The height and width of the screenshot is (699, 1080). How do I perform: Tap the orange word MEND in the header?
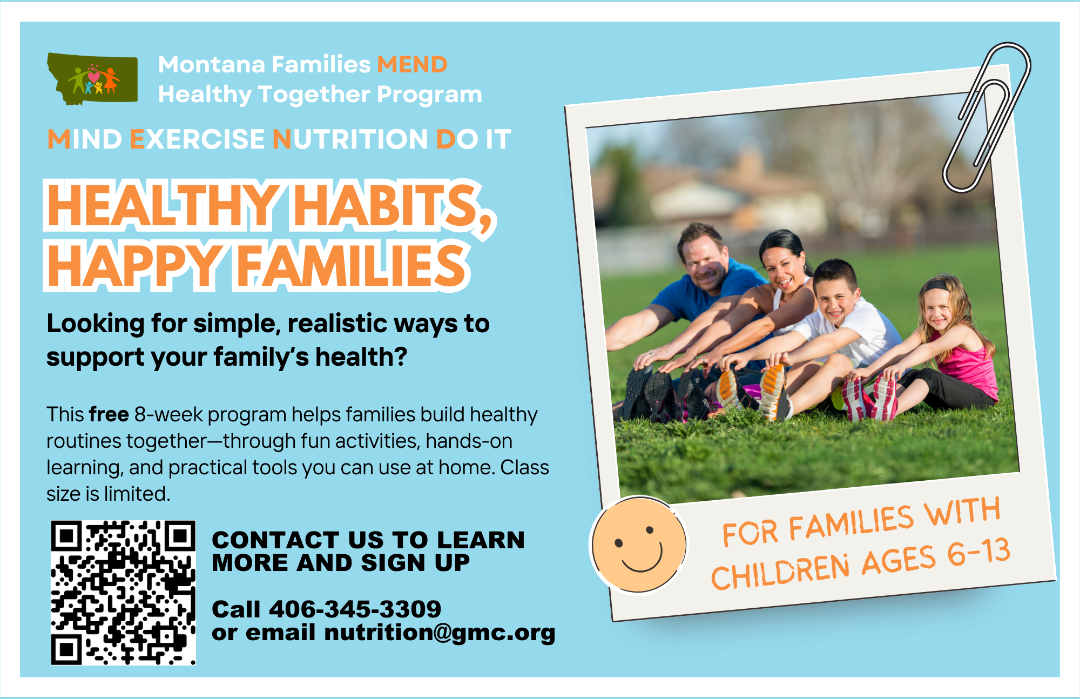(412, 64)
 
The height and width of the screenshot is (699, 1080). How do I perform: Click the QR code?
(123, 593)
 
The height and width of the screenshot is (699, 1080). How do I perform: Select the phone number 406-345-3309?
(355, 609)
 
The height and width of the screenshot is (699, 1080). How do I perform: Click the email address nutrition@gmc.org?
(440, 633)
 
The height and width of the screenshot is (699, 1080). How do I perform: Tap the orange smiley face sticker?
(639, 545)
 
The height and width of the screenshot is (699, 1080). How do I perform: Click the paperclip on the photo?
(986, 117)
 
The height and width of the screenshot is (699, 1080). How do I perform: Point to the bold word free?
(109, 414)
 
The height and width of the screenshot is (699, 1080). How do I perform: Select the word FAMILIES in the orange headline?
(352, 265)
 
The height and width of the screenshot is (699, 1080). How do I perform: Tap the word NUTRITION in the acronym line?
(350, 139)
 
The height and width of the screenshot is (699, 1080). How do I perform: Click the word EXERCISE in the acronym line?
(197, 139)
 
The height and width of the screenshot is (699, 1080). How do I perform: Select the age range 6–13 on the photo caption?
(978, 554)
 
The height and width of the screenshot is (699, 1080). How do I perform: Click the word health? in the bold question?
(361, 357)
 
